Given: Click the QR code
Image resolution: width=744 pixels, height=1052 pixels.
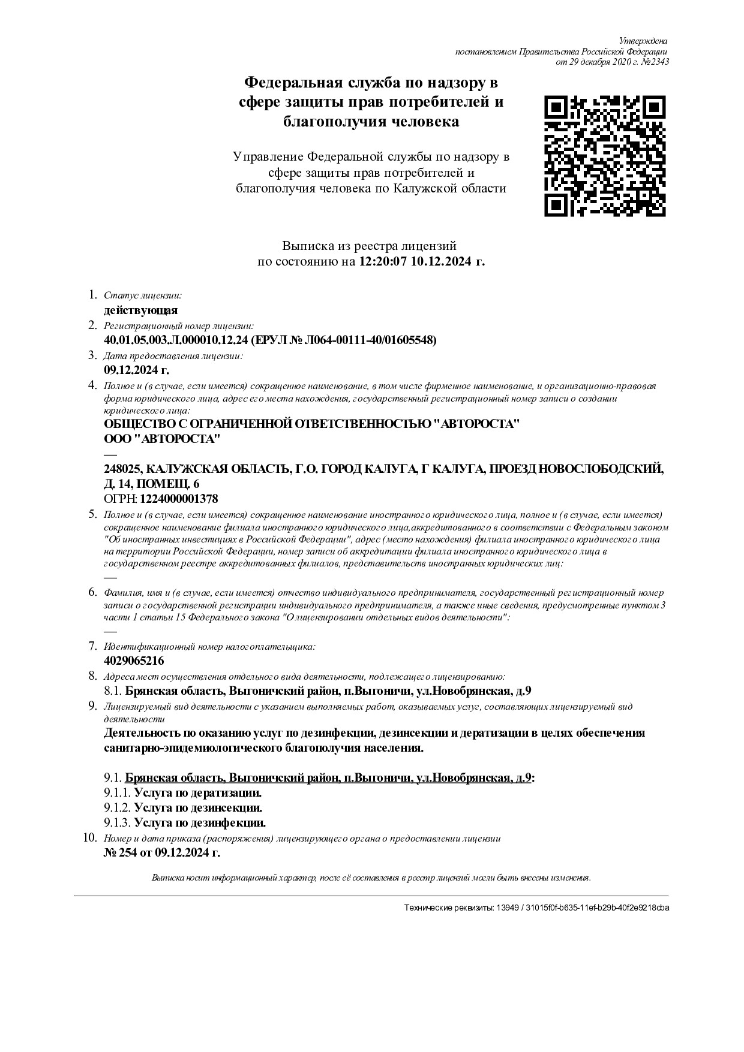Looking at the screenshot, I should pyautogui.click(x=605, y=156).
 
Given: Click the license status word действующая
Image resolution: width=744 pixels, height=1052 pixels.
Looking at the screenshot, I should pyautogui.click(x=140, y=311).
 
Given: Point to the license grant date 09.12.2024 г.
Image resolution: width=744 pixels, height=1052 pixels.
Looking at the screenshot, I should pyautogui.click(x=136, y=370).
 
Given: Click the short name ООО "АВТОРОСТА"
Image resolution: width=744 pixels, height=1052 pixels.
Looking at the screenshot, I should pyautogui.click(x=162, y=439).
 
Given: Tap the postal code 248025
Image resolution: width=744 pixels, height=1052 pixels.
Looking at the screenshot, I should pyautogui.click(x=122, y=469).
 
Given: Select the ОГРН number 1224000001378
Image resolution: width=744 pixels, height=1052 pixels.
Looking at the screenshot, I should pyautogui.click(x=179, y=499).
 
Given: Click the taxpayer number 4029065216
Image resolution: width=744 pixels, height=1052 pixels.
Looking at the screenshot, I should pyautogui.click(x=134, y=661).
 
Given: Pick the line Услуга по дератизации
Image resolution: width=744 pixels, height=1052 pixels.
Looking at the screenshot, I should pyautogui.click(x=197, y=793).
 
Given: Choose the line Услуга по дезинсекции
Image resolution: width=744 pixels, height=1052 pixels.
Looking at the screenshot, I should pyautogui.click(x=198, y=808).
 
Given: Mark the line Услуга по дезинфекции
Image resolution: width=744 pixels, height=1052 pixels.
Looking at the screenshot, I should pyautogui.click(x=199, y=823).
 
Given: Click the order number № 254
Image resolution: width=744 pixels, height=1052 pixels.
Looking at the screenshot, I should pyautogui.click(x=121, y=853).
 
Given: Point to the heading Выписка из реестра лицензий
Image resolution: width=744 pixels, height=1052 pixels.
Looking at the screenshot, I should pyautogui.click(x=369, y=246).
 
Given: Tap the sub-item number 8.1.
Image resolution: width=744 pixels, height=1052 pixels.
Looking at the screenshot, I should pyautogui.click(x=113, y=691).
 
